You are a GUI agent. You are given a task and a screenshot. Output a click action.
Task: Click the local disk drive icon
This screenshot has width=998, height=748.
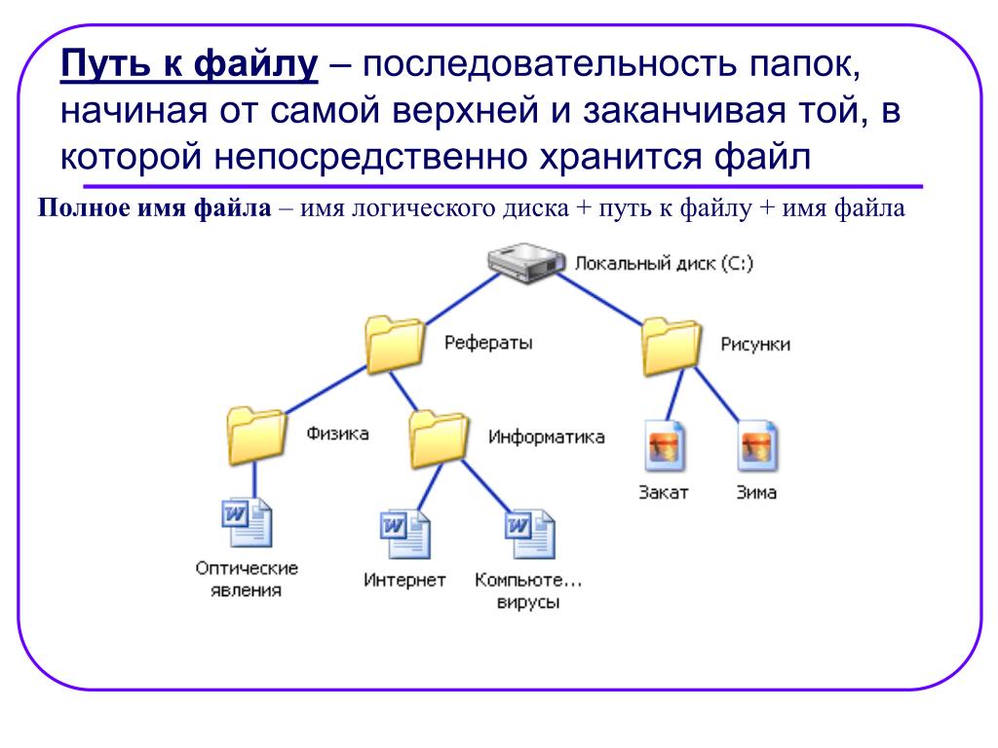coord(526,262)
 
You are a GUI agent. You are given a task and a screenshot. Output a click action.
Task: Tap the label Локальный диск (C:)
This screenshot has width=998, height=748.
coord(664,263)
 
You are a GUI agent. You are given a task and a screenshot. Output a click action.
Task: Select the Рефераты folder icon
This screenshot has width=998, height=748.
coord(395,344)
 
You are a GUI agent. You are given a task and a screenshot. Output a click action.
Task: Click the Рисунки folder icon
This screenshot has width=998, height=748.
coord(672,347)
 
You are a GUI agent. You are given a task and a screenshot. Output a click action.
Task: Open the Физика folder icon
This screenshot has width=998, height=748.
coord(256,435)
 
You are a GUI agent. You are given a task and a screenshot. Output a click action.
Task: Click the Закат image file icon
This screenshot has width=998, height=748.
coord(665,446)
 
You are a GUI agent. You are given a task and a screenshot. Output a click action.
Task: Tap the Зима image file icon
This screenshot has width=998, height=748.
coord(757,446)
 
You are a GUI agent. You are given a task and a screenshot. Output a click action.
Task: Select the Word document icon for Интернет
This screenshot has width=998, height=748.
coord(404,535)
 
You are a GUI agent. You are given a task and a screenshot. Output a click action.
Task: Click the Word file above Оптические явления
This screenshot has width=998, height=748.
coord(247,523)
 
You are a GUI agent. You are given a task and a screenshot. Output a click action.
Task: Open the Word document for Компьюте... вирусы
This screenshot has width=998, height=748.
coord(529,535)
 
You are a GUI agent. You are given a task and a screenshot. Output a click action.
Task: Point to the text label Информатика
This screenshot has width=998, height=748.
coord(546,437)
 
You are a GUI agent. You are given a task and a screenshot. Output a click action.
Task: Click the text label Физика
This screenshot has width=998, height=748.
coord(337,433)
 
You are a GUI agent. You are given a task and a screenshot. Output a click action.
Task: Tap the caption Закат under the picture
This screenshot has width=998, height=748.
coord(663,492)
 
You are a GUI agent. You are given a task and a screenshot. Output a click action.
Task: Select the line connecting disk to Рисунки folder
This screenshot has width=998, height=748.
coord(599,300)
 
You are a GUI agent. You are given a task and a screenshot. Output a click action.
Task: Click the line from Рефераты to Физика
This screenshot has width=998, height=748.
coord(326,391)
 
